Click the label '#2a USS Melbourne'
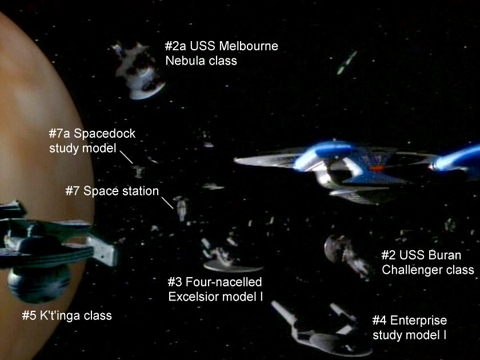tap(222, 46)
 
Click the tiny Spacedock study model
tap(137, 170)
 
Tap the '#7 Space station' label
tap(112, 191)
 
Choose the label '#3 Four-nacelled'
tap(214, 282)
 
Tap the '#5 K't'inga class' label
tap(66, 315)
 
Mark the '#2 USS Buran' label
tap(421, 255)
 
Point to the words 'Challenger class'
tap(427, 270)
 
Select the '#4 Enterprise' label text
tap(409, 320)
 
